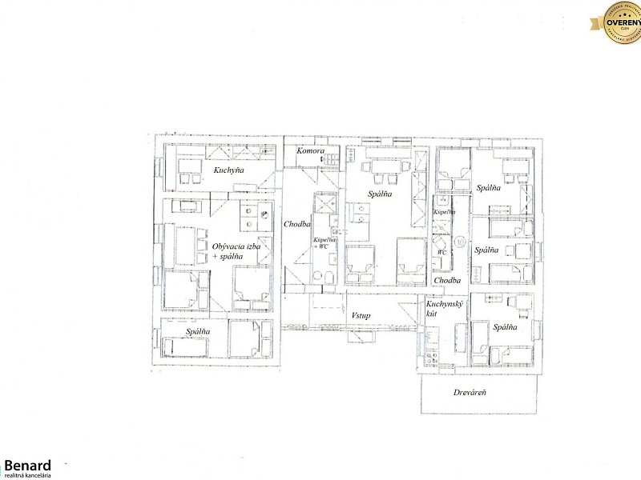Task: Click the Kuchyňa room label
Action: pyautogui.click(x=228, y=170)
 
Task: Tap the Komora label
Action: pyautogui.click(x=310, y=151)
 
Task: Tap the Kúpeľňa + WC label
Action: pyautogui.click(x=325, y=243)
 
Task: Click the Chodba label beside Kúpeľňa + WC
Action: pyautogui.click(x=297, y=225)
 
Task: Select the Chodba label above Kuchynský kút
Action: pyautogui.click(x=447, y=281)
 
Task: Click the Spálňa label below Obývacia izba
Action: pyautogui.click(x=198, y=330)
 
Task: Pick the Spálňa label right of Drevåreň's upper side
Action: pyautogui.click(x=505, y=327)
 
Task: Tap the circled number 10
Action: pyautogui.click(x=462, y=240)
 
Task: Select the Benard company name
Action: pyautogui.click(x=27, y=465)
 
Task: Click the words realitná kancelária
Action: pyautogui.click(x=28, y=475)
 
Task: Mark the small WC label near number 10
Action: pyautogui.click(x=441, y=252)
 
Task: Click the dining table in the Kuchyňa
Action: pyautogui.click(x=190, y=169)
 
